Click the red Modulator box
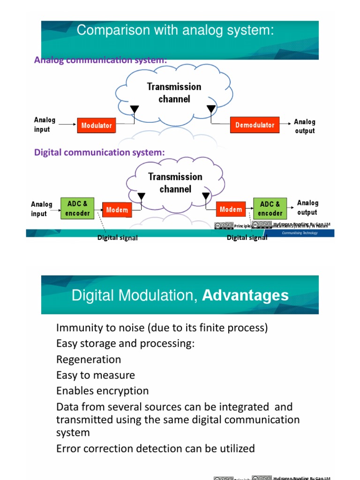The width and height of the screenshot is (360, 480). tap(96, 126)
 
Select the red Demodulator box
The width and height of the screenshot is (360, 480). tap(255, 125)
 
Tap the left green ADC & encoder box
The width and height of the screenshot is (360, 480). tap(77, 209)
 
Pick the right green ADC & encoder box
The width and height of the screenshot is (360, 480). tap(270, 209)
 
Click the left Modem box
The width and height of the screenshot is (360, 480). tap(117, 210)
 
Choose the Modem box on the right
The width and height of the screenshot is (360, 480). tap(231, 210)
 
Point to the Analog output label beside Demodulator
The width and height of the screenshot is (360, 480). tap(305, 126)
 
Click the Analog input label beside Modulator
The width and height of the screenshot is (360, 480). tap(45, 125)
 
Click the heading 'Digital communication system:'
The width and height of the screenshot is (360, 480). tap(99, 152)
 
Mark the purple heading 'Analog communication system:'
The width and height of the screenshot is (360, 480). tap(100, 60)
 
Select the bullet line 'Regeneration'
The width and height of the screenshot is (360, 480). tap(89, 360)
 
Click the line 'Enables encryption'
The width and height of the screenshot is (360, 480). tap(102, 391)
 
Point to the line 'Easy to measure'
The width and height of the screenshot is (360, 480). tap(95, 375)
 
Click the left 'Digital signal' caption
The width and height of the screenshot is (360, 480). tap(117, 238)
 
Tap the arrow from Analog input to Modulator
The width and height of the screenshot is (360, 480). tap(68, 125)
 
